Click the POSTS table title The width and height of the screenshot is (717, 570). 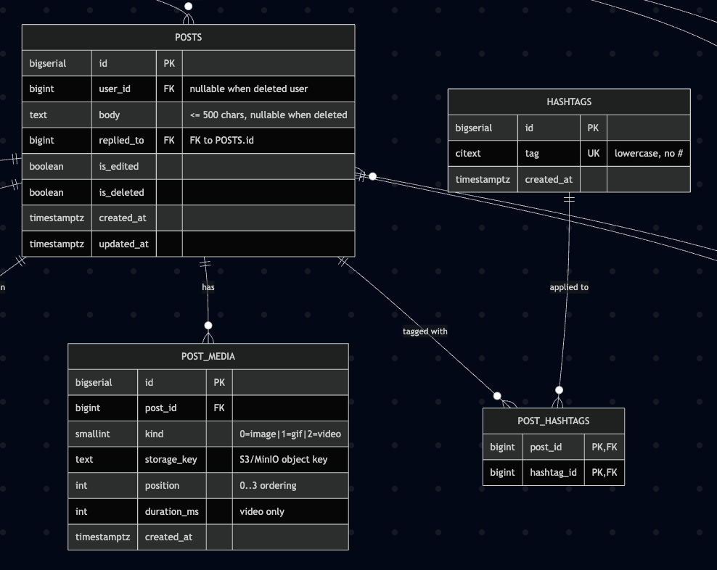tap(189, 37)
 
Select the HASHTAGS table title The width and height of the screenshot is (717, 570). tap(569, 102)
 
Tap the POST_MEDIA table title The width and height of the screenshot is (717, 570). tap(208, 356)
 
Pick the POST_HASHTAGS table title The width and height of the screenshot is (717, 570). tap(553, 421)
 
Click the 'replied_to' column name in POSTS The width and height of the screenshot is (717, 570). tap(121, 141)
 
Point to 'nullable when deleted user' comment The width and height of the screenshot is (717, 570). tap(249, 88)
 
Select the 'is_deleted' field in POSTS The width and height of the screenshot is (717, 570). tap(121, 192)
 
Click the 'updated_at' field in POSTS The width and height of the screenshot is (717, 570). tap(123, 244)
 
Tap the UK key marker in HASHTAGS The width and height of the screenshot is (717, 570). tap(593, 153)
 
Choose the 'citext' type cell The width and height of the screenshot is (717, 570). tap(468, 153)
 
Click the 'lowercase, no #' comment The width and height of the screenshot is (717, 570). tap(648, 153)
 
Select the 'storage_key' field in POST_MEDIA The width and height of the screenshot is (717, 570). tap(171, 459)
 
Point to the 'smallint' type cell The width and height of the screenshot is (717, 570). tap(92, 434)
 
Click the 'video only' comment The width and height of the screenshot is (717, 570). tap(261, 511)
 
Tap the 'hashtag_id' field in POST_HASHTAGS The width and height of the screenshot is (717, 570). tap(553, 472)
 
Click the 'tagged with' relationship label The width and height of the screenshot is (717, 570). tap(425, 331)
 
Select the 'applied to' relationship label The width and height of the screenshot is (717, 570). tap(569, 287)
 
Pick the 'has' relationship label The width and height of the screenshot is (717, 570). tap(208, 287)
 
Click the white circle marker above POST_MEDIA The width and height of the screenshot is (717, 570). tap(208, 326)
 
